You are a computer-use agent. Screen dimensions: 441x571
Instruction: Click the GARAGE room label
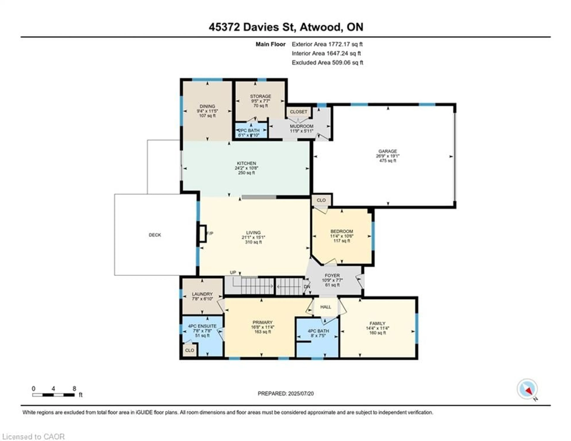(x=388, y=151)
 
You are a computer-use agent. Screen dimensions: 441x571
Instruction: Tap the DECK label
(x=155, y=235)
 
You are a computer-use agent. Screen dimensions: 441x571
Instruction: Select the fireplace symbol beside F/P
(x=203, y=233)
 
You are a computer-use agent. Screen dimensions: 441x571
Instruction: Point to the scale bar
(x=53, y=395)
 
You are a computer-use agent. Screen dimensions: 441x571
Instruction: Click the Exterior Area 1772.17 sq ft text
(x=327, y=44)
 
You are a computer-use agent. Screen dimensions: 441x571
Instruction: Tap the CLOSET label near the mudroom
(x=298, y=112)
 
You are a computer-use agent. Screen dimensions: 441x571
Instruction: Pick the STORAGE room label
(x=260, y=96)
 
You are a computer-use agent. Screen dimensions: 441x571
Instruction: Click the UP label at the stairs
(x=233, y=273)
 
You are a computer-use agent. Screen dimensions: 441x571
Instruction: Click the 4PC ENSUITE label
(x=202, y=326)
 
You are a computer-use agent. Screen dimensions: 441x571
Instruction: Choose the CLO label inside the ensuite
(x=190, y=350)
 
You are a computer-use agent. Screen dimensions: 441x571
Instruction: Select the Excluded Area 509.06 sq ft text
(x=327, y=62)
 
